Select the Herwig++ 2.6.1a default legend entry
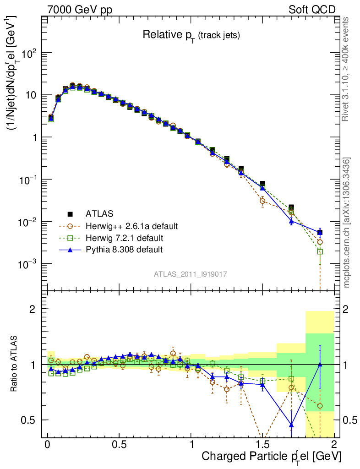tap(131, 226)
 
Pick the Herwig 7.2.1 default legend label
tap(125, 238)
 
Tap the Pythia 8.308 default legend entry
tap(124, 250)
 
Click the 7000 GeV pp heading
tap(81, 10)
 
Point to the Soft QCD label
tap(312, 10)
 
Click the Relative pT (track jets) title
tap(191, 35)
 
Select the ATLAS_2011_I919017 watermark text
tap(191, 274)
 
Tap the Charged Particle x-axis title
tap(271, 456)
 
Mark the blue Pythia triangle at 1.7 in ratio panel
tap(291, 425)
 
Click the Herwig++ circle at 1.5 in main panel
tap(262, 201)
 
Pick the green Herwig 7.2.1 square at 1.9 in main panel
tap(320, 251)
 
